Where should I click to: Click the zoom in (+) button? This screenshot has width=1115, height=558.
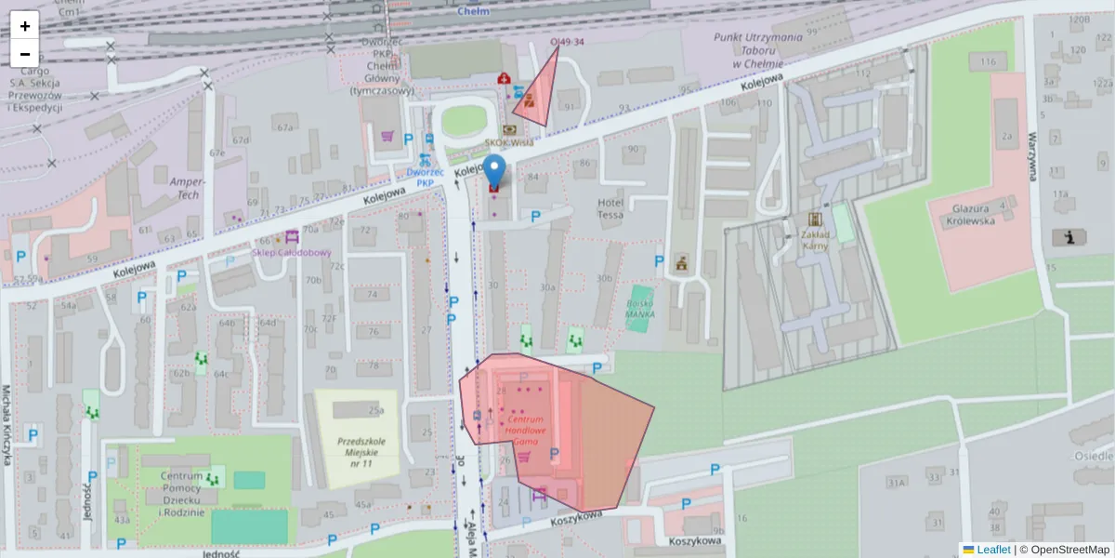(25, 26)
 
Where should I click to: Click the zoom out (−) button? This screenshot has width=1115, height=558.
(25, 54)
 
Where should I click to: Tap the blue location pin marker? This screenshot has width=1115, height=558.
(496, 173)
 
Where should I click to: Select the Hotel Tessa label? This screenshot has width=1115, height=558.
(610, 208)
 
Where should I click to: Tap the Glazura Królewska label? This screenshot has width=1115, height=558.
(974, 215)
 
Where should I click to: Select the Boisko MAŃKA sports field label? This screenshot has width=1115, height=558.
(639, 308)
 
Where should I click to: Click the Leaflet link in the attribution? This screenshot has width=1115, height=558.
(993, 550)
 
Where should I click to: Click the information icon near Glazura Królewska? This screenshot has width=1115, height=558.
(1069, 237)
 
